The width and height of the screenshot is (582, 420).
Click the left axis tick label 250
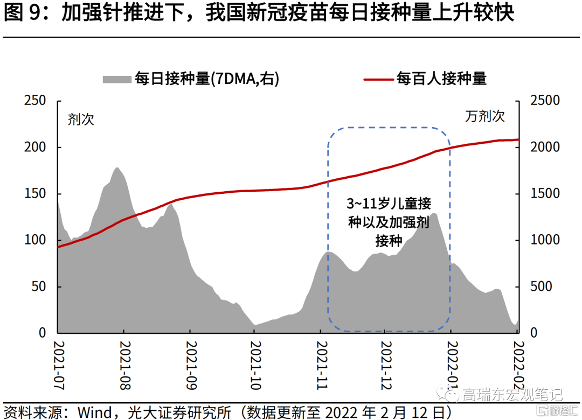pyautogui.click(x=35, y=101)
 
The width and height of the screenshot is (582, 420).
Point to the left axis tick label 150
pyautogui.click(x=35, y=194)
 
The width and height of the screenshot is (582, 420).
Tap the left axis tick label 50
pyautogui.click(x=39, y=286)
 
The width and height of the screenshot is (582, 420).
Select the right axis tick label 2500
pyautogui.click(x=545, y=101)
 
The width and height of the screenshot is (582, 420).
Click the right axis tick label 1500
pyautogui.click(x=545, y=194)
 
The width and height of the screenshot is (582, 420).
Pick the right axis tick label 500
pyautogui.click(x=541, y=286)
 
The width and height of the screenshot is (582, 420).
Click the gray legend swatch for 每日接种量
pyautogui.click(x=117, y=79)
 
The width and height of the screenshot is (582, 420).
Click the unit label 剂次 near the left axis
pyautogui.click(x=81, y=119)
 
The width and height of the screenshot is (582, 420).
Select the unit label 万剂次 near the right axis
pyautogui.click(x=485, y=116)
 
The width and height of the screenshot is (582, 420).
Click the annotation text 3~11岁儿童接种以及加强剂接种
pyautogui.click(x=389, y=222)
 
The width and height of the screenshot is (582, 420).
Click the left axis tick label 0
pyautogui.click(x=43, y=333)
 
